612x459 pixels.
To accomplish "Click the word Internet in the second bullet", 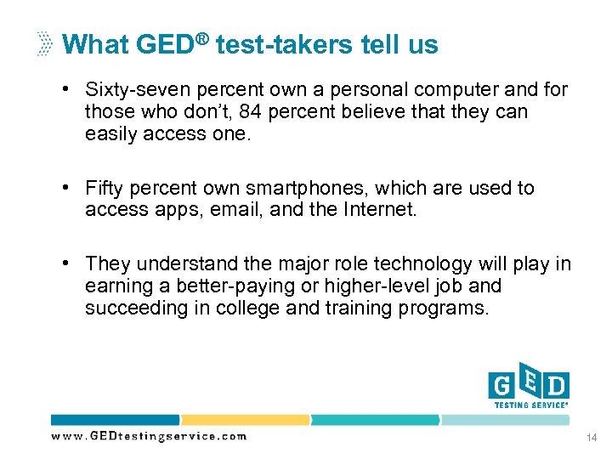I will [x=381, y=209].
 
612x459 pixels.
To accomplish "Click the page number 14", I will [x=592, y=437].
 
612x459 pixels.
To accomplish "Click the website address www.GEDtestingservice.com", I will [x=149, y=436].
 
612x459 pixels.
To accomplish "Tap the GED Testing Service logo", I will [x=528, y=388].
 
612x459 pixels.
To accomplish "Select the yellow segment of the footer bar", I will [x=245, y=420].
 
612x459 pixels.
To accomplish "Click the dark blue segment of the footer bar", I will [x=115, y=420].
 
